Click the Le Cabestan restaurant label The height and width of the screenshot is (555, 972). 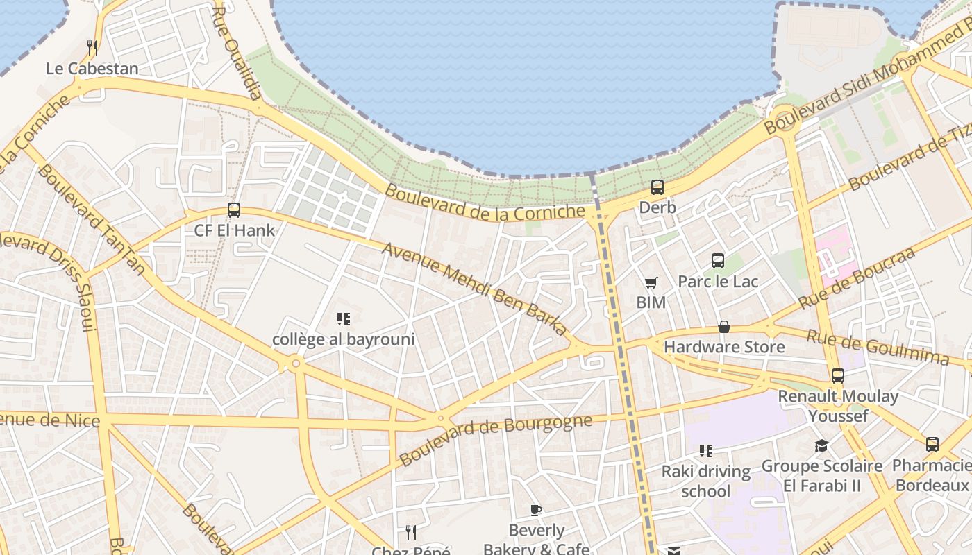[92, 69]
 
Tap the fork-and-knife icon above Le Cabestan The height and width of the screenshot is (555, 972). [92, 47]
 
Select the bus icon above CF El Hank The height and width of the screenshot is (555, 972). [234, 210]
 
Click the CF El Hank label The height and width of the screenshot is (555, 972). [234, 230]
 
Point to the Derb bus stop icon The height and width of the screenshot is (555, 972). [657, 187]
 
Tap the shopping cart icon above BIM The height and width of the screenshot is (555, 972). [651, 282]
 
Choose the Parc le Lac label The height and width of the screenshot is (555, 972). [718, 281]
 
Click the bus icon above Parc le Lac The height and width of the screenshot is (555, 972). [718, 261]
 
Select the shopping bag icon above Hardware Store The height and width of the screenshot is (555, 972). [724, 327]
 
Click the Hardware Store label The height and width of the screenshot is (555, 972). [724, 346]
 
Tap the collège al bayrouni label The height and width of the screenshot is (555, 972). [343, 339]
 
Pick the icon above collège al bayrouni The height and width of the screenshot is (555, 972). [343, 319]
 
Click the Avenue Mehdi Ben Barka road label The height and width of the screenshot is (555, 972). [475, 289]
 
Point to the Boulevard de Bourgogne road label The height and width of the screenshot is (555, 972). [496, 440]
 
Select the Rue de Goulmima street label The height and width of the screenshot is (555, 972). [877, 346]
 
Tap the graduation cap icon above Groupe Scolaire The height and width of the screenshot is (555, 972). [822, 445]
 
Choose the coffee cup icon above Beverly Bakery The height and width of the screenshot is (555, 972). [535, 511]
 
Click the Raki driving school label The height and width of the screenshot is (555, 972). [705, 481]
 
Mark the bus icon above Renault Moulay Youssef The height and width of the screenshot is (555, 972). [838, 376]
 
